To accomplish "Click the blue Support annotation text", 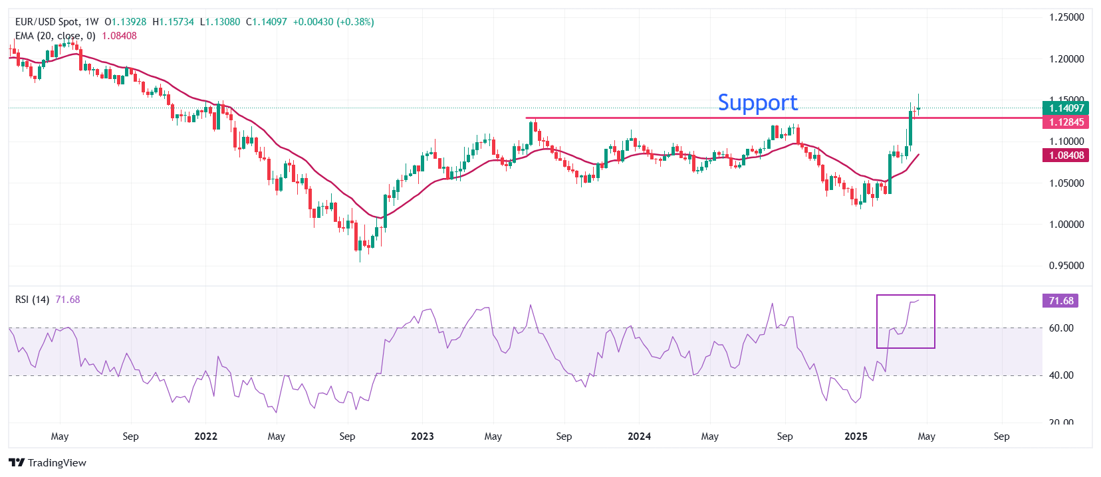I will pyautogui.click(x=757, y=102).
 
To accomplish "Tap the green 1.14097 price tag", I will pyautogui.click(x=1066, y=108).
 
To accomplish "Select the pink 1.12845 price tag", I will pyautogui.click(x=1066, y=122).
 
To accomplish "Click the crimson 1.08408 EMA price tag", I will pyautogui.click(x=1066, y=155).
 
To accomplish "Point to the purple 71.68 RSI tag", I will pyautogui.click(x=1060, y=301).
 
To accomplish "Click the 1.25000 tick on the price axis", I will pyautogui.click(x=1066, y=17).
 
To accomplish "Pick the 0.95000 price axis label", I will pyautogui.click(x=1066, y=266).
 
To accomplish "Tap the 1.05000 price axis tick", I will pyautogui.click(x=1066, y=183).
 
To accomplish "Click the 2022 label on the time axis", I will pyautogui.click(x=205, y=436).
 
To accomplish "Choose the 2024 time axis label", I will pyautogui.click(x=639, y=436).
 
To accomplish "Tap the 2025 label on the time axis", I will pyautogui.click(x=856, y=436).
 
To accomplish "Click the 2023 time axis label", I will pyautogui.click(x=422, y=436).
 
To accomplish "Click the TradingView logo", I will pyautogui.click(x=48, y=463).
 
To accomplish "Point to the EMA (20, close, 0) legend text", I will pyautogui.click(x=55, y=36).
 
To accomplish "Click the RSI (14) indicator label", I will pyautogui.click(x=32, y=300).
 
